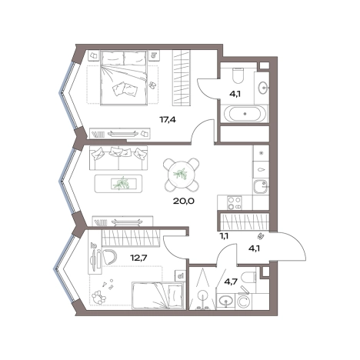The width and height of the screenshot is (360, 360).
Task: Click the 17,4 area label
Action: [168, 119]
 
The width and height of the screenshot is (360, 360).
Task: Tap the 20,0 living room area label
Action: [184, 201]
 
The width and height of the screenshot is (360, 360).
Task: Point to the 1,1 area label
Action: [224, 236]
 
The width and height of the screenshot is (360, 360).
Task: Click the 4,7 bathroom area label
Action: [231, 282]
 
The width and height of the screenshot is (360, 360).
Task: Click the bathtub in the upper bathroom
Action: [245, 114]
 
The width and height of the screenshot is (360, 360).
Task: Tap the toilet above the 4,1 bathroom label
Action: [238, 75]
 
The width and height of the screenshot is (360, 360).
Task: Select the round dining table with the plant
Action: [182, 175]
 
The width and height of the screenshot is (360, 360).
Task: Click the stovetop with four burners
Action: [235, 203]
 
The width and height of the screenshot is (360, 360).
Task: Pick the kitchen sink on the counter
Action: [261, 187]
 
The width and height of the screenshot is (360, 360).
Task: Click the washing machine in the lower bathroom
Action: [242, 302]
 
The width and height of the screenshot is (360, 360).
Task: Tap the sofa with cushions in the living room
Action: [118, 158]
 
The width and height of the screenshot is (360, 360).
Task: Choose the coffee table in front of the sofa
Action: [118, 184]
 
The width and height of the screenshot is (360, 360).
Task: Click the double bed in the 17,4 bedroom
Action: [124, 78]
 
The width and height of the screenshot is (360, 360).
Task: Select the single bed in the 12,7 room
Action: [158, 295]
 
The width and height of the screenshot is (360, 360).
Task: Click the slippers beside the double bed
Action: [152, 85]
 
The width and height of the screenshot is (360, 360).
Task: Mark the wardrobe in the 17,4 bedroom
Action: [182, 78]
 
